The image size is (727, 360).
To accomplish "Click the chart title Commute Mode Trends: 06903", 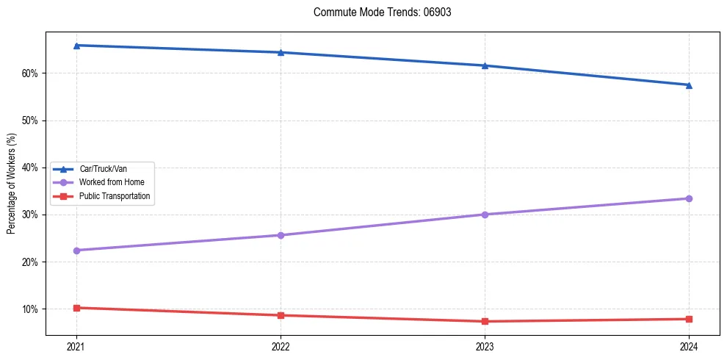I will (377, 12).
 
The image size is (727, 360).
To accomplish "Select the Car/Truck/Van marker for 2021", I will (76, 46).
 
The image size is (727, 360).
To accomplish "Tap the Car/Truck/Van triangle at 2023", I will (485, 65).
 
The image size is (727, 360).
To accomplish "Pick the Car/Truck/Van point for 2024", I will (689, 85).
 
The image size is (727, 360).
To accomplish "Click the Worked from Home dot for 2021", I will (76, 251).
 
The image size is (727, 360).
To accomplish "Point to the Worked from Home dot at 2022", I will (281, 235).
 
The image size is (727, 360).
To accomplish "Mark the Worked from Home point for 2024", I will (689, 198).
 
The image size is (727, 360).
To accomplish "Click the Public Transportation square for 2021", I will (76, 308).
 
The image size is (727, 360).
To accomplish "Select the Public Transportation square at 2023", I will (485, 321).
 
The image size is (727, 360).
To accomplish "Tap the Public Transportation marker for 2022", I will (281, 315).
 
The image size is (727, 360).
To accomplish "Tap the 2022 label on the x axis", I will (281, 346).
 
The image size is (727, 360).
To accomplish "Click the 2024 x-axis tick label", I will (689, 346).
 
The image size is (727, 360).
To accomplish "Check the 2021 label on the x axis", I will (76, 346).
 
